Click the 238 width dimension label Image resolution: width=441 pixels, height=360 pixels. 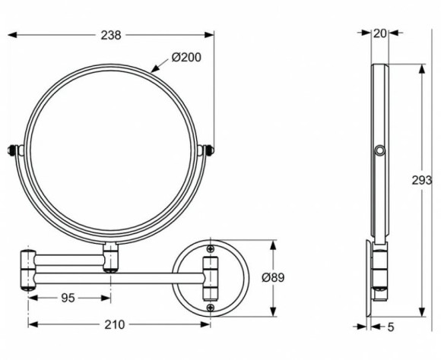pos(112,35)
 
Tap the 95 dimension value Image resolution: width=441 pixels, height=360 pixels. pos(69,298)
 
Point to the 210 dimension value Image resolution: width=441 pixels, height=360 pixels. pos(114,324)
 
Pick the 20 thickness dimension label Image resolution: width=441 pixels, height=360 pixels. pos(379,33)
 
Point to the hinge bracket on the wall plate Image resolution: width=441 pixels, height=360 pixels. pos(209,277)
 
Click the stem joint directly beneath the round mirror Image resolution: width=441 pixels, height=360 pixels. pos(111,257)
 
